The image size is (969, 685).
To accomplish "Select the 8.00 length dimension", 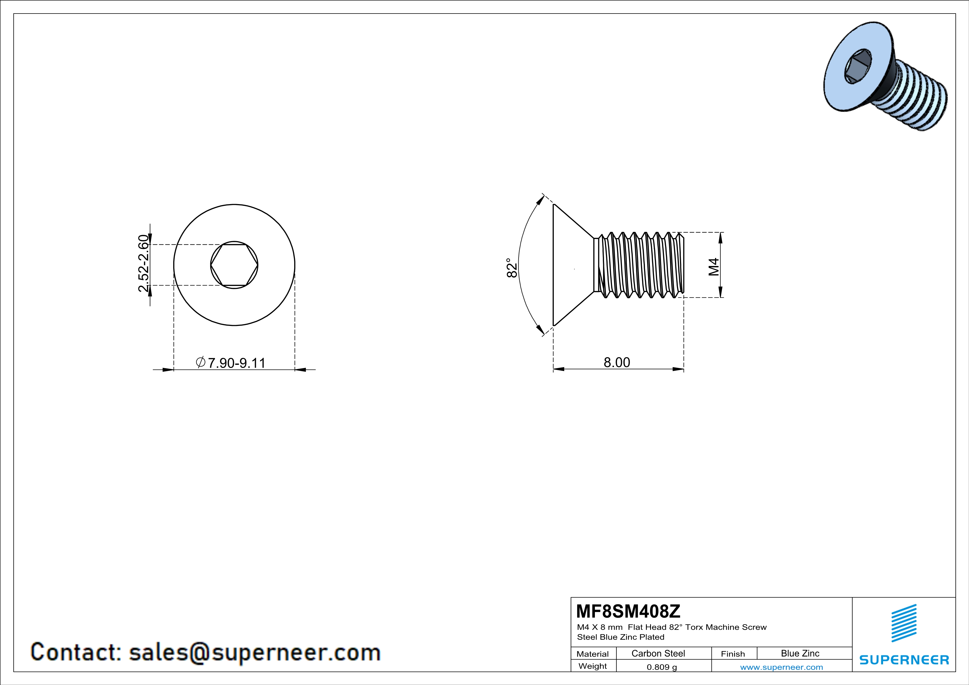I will click(617, 362).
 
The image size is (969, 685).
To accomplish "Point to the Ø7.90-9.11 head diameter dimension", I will click(231, 363).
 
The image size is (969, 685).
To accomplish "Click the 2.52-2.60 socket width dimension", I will click(143, 264).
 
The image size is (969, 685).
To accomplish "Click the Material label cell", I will click(593, 654).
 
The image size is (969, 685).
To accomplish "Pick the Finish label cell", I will click(733, 654).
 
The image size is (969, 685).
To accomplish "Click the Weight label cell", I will click(593, 666).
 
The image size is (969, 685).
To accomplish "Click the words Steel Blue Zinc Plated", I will click(620, 637).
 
